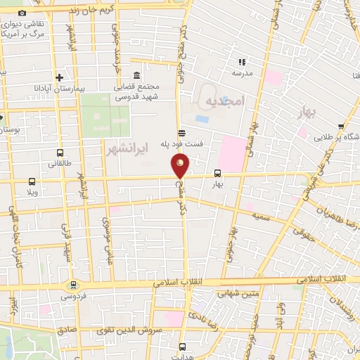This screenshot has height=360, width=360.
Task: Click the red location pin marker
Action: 180,166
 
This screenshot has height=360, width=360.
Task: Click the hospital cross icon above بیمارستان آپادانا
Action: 60,77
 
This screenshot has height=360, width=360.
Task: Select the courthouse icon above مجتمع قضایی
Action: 136,76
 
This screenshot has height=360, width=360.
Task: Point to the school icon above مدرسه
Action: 243,63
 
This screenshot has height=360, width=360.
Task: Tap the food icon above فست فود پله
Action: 181,132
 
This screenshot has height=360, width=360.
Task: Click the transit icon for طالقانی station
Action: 58,153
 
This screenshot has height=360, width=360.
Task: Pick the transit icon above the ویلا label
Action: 30,181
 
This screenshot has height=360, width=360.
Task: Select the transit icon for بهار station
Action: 217,172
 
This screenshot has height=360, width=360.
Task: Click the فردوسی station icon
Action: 73,285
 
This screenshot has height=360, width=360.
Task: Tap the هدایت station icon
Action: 183,346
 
